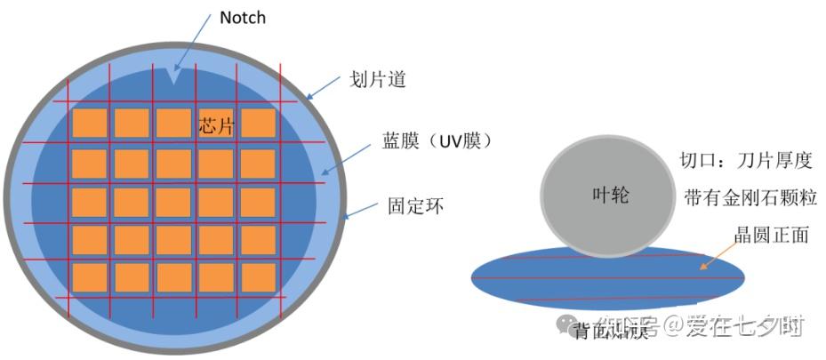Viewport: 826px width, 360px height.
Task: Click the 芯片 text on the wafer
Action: pyautogui.click(x=215, y=127)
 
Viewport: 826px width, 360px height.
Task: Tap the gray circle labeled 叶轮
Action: pyautogui.click(x=610, y=195)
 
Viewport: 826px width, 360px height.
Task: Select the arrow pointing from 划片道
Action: pyautogui.click(x=325, y=85)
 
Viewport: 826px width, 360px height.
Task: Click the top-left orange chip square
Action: pyautogui.click(x=89, y=123)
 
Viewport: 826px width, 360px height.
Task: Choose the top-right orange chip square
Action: pyautogui.click(x=258, y=123)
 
